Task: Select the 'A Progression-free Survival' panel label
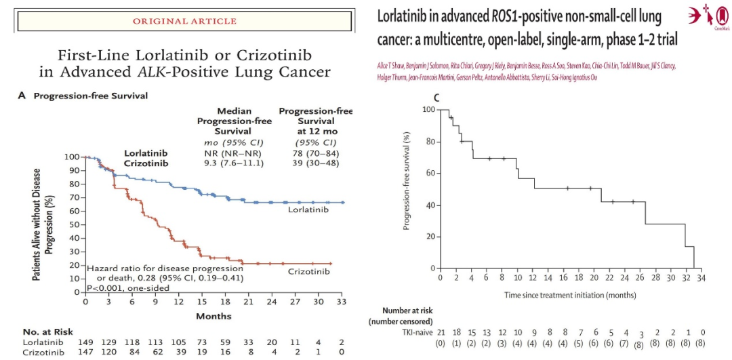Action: click(x=83, y=96)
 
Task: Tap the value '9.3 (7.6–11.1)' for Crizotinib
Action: click(x=234, y=163)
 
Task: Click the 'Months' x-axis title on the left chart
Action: click(x=213, y=316)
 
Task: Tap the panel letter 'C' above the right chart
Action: click(x=436, y=99)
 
